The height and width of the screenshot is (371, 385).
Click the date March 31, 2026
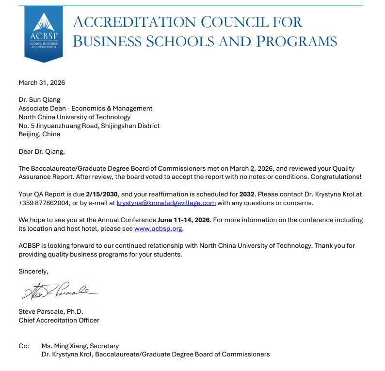(42, 82)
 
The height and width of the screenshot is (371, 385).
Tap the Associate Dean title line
(85, 109)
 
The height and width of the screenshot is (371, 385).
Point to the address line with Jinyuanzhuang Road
(89, 126)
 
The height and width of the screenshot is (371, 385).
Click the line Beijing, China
(39, 134)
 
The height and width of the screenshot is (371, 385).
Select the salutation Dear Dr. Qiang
(41, 151)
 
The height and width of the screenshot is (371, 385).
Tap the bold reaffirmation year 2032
(247, 194)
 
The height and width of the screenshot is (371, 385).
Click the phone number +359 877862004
(42, 203)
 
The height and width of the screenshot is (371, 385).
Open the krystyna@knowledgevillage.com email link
(166, 203)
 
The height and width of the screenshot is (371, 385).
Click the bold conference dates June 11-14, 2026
(184, 220)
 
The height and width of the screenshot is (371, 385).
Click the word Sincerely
(33, 271)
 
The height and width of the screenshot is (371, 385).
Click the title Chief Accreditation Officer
(59, 320)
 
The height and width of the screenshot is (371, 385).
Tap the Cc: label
(24, 346)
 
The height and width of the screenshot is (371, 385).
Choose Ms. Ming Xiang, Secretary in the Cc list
(80, 346)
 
